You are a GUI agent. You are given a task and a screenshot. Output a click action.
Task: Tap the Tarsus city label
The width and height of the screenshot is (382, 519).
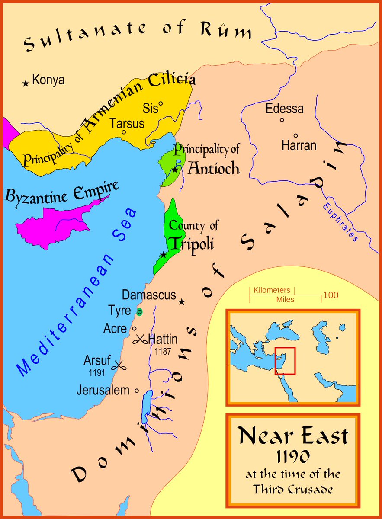pyautogui.click(x=127, y=123)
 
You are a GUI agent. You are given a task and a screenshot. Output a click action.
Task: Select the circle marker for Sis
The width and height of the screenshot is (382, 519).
pyautogui.click(x=161, y=104)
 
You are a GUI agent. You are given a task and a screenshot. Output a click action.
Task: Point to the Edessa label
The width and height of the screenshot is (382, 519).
pyautogui.click(x=285, y=109)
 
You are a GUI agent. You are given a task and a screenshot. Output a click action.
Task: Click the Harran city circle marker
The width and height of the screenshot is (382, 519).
pyautogui.click(x=296, y=135)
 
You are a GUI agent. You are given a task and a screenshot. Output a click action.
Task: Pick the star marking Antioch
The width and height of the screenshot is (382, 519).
pyautogui.click(x=175, y=170)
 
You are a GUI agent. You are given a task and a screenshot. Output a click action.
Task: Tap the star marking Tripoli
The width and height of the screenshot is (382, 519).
pyautogui.click(x=163, y=255)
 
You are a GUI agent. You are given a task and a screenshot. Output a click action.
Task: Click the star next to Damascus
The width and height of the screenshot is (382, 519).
pyautogui.click(x=182, y=301)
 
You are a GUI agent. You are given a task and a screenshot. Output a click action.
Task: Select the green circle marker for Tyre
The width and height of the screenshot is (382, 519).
pyautogui.click(x=139, y=312)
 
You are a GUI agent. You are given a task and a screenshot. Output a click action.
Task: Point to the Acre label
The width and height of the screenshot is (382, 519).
pyautogui.click(x=115, y=329)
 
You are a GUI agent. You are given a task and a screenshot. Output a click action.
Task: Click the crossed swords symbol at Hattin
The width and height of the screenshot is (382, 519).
pyautogui.click(x=140, y=340)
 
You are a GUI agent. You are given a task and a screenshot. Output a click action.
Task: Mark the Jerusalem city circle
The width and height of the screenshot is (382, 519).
pyautogui.click(x=137, y=390)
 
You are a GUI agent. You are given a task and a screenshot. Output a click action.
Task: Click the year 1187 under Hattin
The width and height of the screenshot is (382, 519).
pyautogui.click(x=162, y=352)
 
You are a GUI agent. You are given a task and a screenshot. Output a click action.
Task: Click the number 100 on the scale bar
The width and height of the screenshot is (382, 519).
pyautogui.click(x=331, y=296)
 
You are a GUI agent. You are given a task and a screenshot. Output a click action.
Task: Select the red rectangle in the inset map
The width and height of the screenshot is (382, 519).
pyautogui.click(x=285, y=360)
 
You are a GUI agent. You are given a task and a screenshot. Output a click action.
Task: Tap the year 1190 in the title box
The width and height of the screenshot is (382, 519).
pyautogui.click(x=293, y=456)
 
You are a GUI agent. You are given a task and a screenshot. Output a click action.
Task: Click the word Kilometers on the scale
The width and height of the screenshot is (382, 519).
pyautogui.click(x=272, y=290)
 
